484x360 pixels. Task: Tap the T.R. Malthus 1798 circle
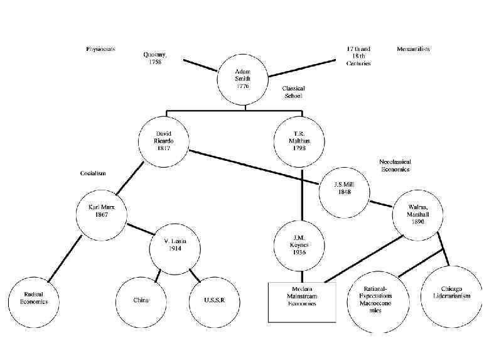[x=303, y=141]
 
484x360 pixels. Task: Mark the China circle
[x=141, y=300]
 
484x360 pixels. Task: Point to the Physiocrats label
[x=100, y=49]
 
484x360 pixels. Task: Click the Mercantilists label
[x=414, y=49]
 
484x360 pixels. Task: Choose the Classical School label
[x=294, y=92]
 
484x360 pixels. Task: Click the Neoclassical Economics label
[x=394, y=165]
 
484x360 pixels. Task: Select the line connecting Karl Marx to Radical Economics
[x=66, y=259]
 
